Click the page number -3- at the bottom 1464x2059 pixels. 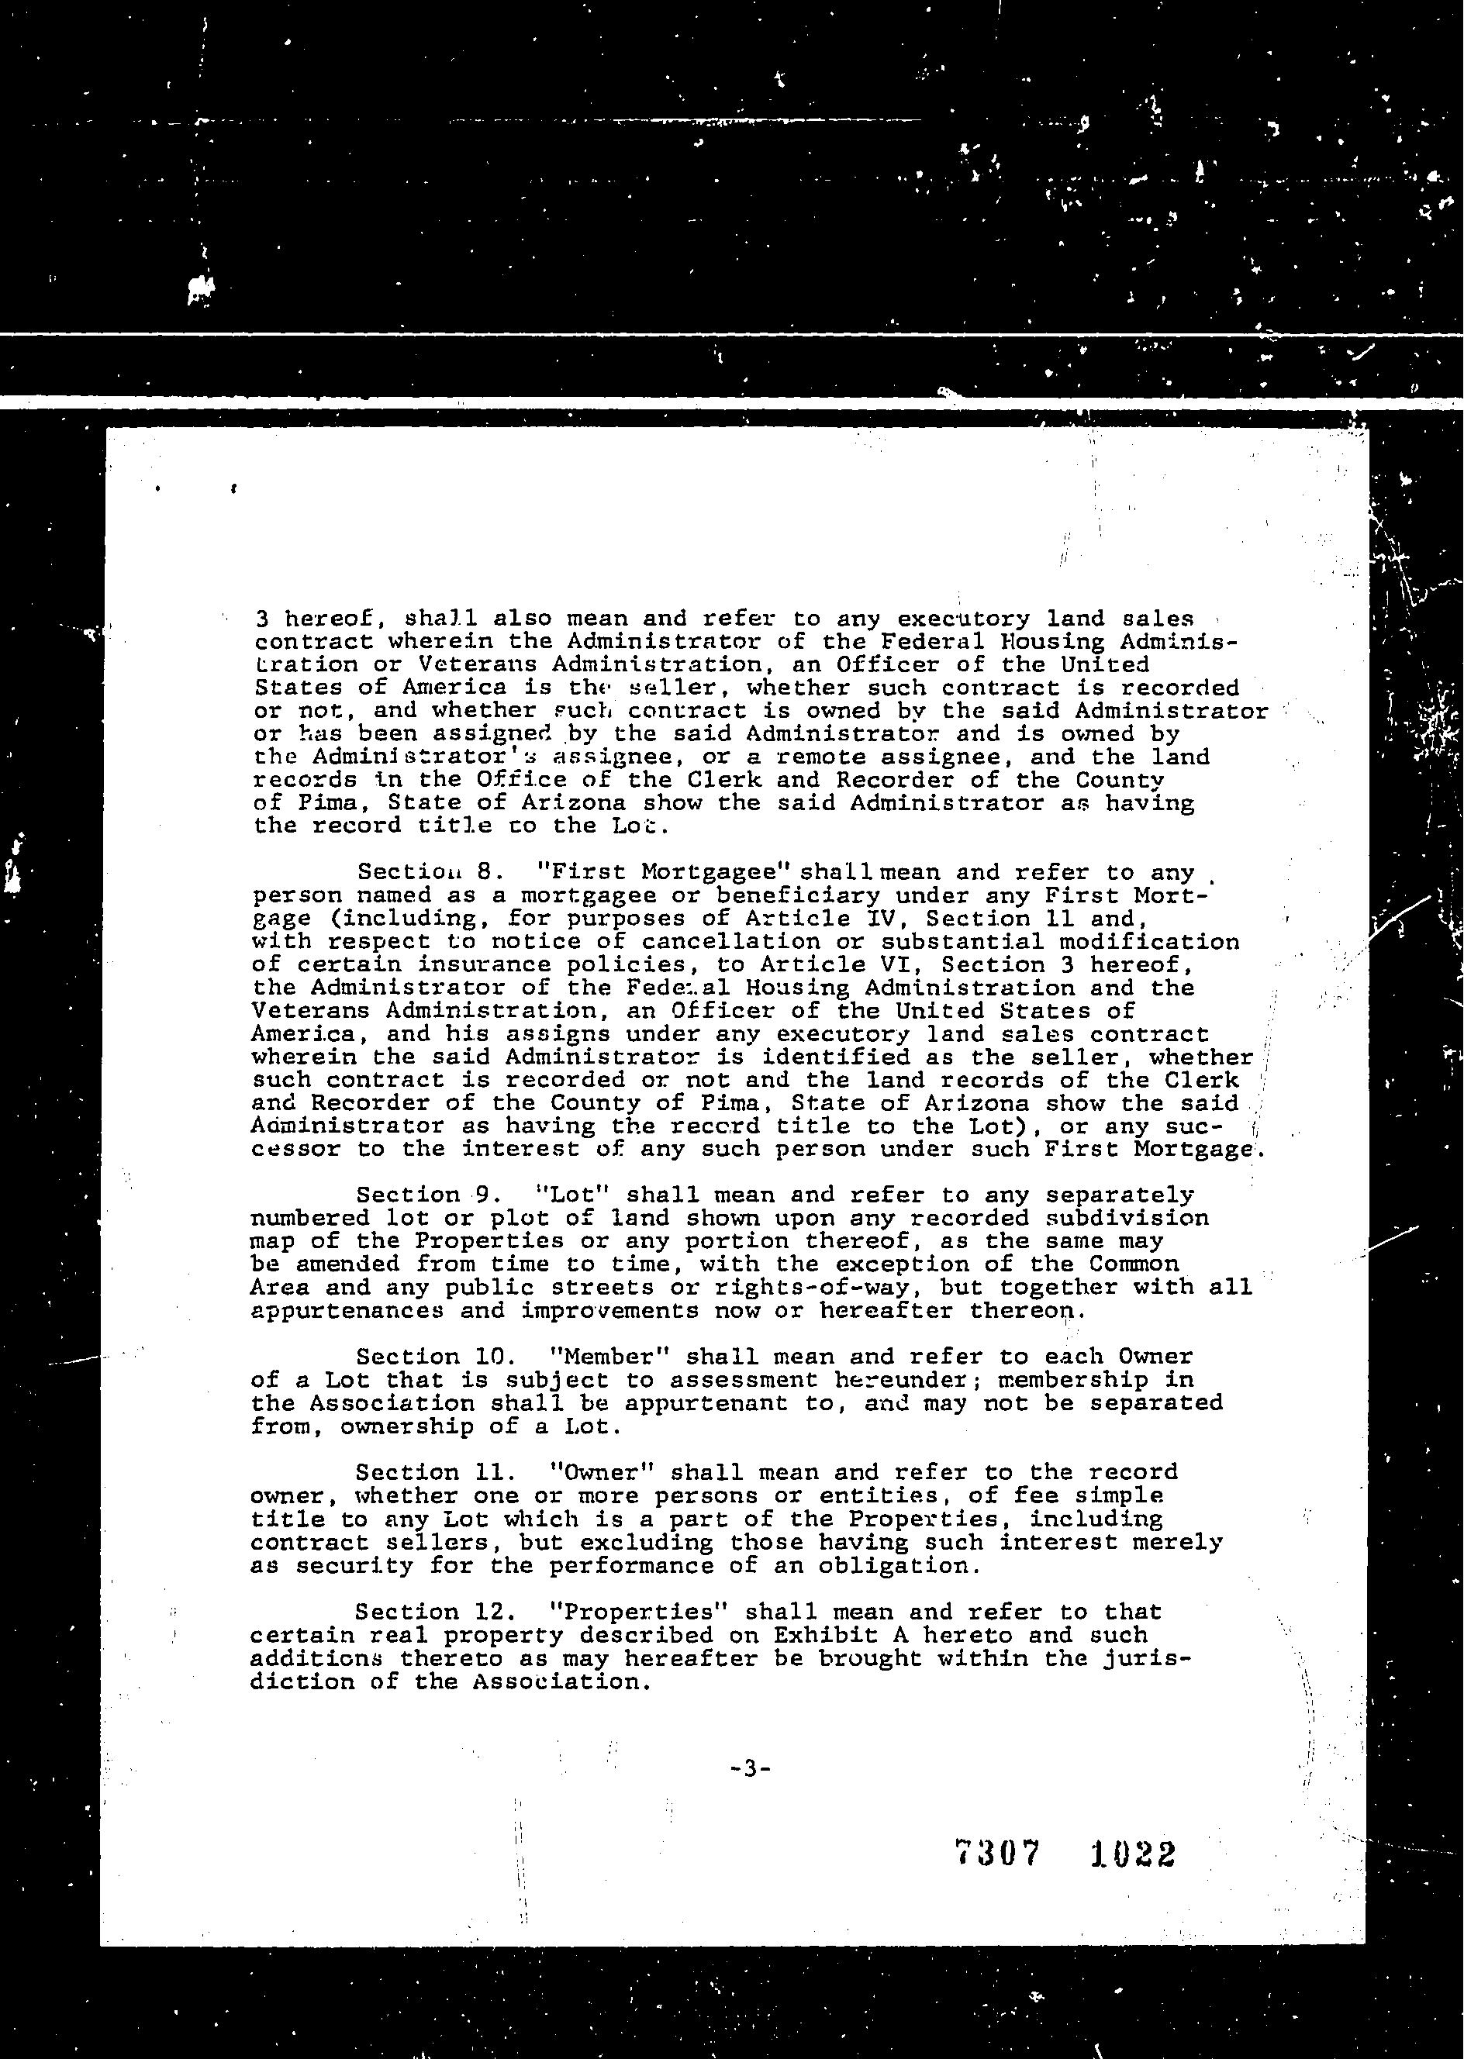tap(750, 1769)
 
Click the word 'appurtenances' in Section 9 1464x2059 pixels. tap(347, 1310)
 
